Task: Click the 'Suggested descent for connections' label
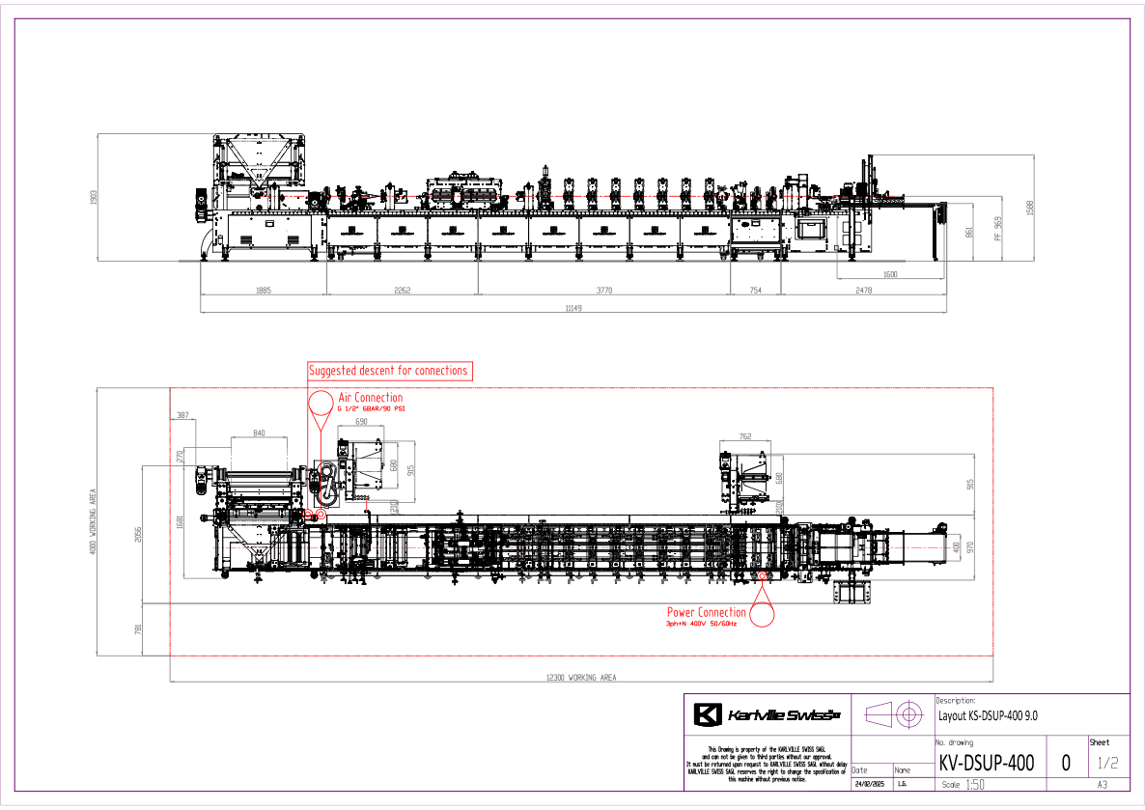[389, 371]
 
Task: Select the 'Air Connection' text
[370, 398]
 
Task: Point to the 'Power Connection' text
[706, 612]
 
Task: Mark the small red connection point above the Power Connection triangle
[762, 576]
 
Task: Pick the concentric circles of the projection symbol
[908, 714]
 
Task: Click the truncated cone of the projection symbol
[879, 714]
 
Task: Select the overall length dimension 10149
[573, 308]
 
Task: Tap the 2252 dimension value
[402, 290]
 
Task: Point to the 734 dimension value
[755, 290]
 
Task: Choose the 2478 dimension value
[863, 290]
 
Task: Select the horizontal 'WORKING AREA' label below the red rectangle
[581, 678]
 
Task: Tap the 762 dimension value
[744, 436]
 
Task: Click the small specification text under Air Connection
[371, 409]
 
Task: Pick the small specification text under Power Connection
[702, 624]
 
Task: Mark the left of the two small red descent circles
[308, 514]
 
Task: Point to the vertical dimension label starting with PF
[998, 228]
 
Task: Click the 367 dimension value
[182, 416]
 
